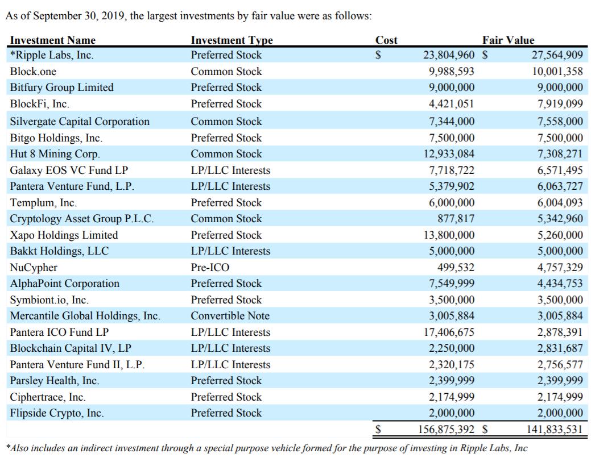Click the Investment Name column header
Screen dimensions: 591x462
click(53, 40)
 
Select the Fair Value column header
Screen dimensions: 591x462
click(508, 40)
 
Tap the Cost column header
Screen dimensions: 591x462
click(386, 40)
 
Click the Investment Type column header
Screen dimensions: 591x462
click(232, 40)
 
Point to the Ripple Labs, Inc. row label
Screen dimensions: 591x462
click(52, 55)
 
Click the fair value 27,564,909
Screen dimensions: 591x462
click(557, 55)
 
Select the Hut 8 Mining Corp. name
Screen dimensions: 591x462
click(55, 154)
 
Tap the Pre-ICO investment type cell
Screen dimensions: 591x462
click(210, 267)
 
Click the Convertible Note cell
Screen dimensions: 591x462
click(230, 315)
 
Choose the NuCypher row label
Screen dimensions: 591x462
click(34, 268)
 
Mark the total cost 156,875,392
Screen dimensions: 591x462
click(447, 429)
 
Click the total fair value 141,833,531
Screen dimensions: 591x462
click(555, 429)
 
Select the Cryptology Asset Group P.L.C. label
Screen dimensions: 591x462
click(82, 219)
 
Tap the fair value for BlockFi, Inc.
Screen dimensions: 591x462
click(560, 104)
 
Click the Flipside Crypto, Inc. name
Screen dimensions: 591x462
click(56, 413)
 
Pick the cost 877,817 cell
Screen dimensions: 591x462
click(456, 219)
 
